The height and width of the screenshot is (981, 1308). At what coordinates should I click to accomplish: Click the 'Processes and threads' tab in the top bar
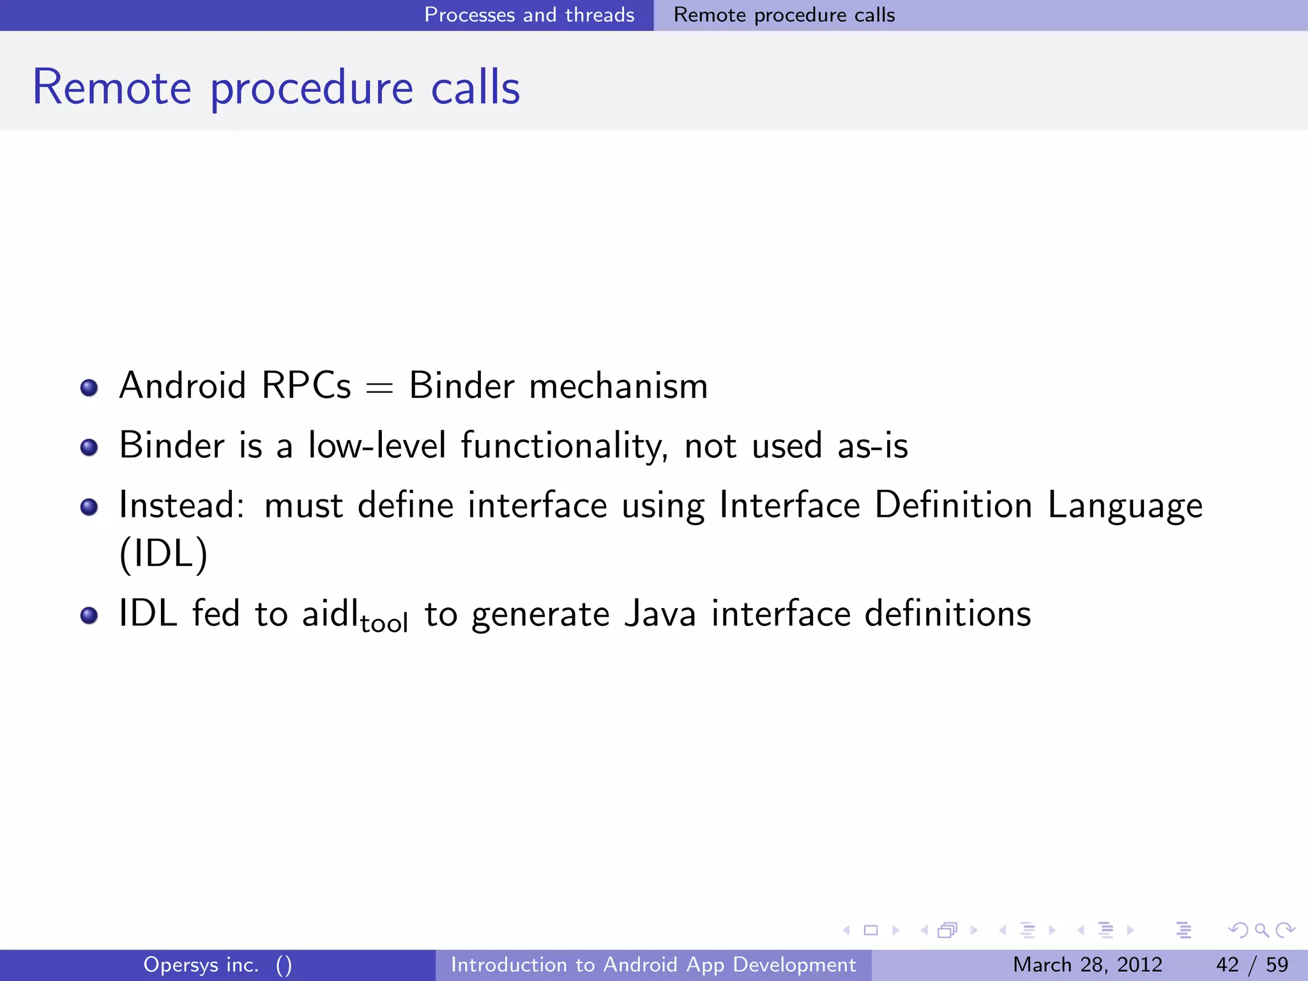[529, 15]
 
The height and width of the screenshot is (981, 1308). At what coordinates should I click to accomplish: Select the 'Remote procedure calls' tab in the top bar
[784, 15]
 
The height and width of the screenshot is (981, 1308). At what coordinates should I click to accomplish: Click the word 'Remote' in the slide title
[112, 87]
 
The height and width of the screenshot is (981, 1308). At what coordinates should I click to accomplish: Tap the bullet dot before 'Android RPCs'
[89, 388]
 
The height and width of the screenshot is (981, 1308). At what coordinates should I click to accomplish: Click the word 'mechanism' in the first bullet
[618, 386]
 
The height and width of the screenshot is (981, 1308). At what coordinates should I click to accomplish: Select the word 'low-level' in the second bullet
[377, 445]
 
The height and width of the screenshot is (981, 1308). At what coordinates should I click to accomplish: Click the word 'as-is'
[872, 445]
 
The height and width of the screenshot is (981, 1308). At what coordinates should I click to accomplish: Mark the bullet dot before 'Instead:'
[89, 507]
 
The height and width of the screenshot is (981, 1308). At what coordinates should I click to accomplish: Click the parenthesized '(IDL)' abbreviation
[163, 553]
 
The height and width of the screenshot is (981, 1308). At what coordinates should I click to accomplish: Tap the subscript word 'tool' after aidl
[384, 623]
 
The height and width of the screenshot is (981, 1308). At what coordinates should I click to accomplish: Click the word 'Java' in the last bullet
[660, 614]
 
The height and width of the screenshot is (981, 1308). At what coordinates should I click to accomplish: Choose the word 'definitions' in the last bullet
[947, 614]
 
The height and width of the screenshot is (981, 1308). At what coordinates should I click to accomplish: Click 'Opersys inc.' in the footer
[201, 964]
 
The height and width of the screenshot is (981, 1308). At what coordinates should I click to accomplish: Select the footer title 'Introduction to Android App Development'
[653, 964]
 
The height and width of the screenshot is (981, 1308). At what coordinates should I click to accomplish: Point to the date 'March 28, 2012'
[1087, 964]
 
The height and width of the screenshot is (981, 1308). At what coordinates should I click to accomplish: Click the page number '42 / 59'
[1252, 964]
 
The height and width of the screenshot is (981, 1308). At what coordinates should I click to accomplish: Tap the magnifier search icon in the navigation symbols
[1261, 930]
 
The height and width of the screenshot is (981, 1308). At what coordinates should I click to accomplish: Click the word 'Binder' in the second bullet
[172, 445]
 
